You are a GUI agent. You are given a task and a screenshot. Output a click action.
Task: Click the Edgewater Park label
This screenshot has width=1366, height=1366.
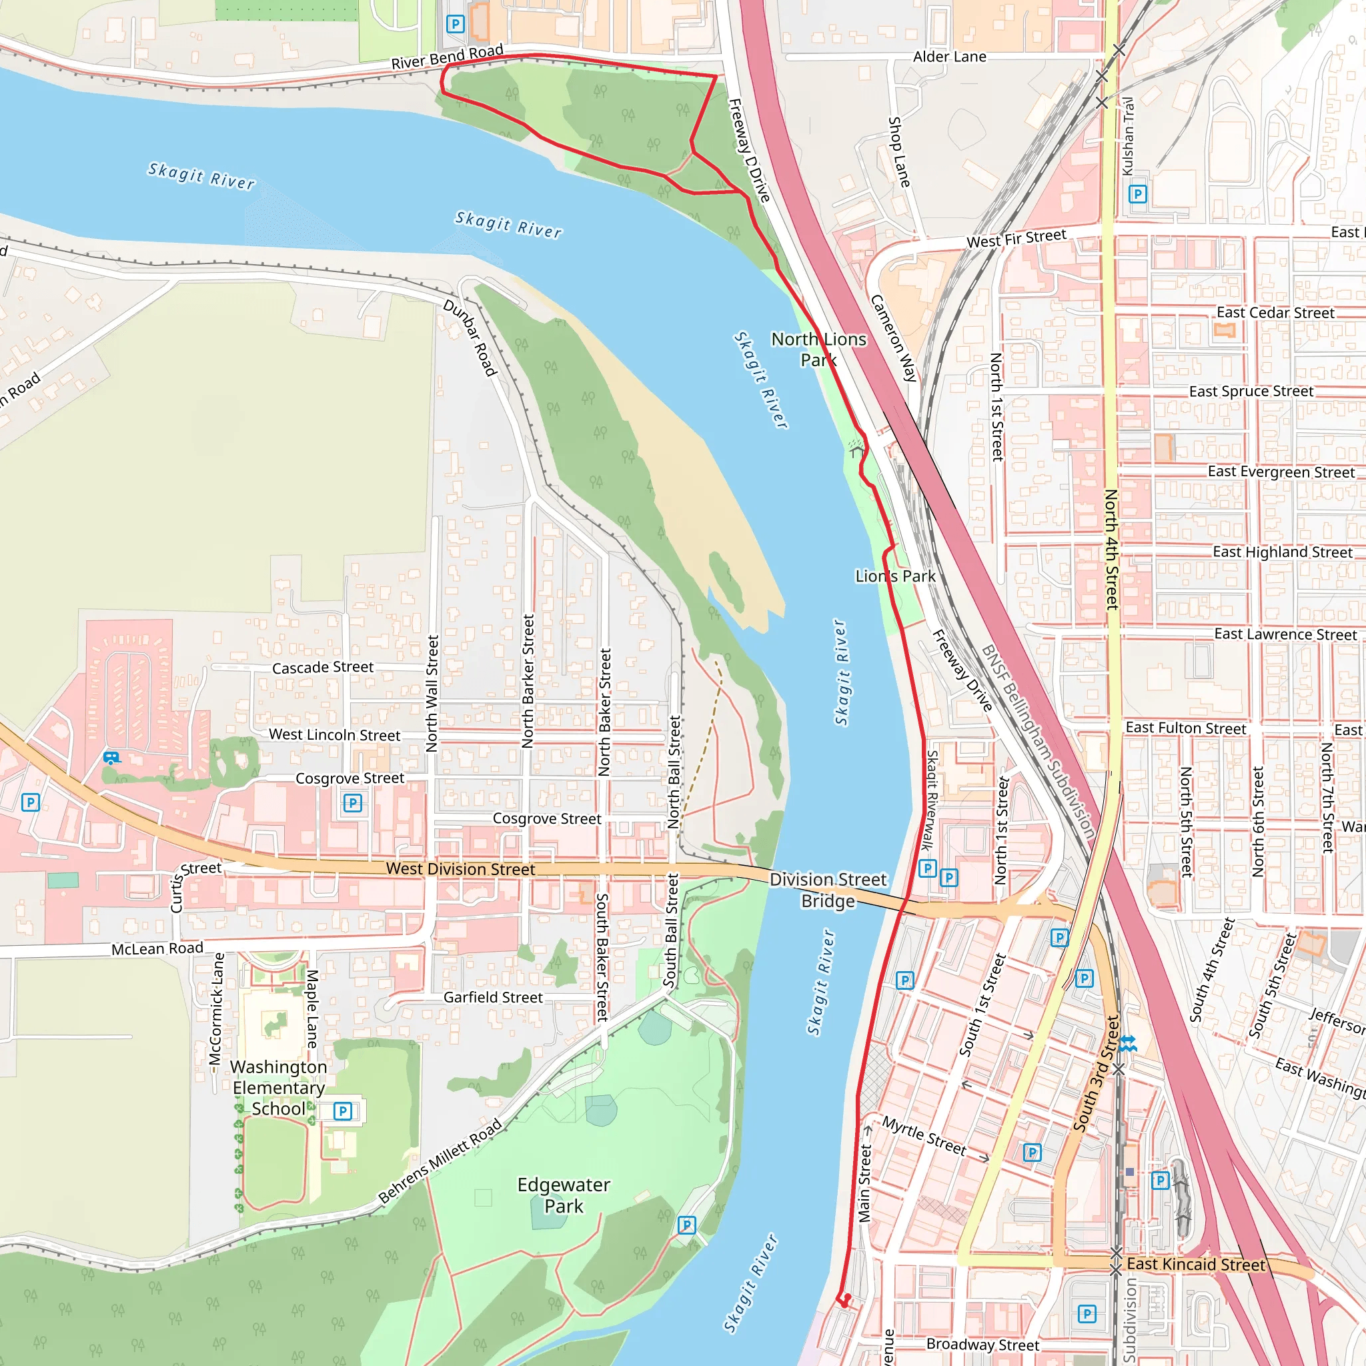pyautogui.click(x=564, y=1195)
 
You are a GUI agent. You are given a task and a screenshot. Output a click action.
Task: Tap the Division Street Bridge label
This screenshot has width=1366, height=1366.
pyautogui.click(x=827, y=890)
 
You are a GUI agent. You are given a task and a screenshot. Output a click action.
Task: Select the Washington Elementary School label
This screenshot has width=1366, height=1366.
pyautogui.click(x=279, y=1087)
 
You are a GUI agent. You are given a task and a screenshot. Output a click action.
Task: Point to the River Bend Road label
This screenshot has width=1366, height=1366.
pyautogui.click(x=447, y=57)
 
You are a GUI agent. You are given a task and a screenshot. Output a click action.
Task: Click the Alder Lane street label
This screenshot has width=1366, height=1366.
pyautogui.click(x=949, y=57)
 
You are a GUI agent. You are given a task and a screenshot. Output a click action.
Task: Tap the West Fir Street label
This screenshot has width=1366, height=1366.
pyautogui.click(x=1016, y=238)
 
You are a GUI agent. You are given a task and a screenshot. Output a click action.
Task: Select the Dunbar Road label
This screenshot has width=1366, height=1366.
pyautogui.click(x=470, y=337)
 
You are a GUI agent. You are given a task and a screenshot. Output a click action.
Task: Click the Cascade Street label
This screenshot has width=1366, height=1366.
pyautogui.click(x=322, y=668)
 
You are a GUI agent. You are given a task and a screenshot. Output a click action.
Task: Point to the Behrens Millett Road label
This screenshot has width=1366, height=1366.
pyautogui.click(x=440, y=1161)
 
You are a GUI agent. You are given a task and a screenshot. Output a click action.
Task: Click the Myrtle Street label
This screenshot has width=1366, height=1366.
pyautogui.click(x=924, y=1135)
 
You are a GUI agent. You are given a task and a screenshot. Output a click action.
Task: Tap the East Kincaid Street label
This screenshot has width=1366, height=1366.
pyautogui.click(x=1196, y=1264)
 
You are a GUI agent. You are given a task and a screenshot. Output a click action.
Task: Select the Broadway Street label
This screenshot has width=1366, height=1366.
pyautogui.click(x=982, y=1344)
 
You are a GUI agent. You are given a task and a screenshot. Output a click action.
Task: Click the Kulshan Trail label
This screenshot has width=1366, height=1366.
pyautogui.click(x=1129, y=137)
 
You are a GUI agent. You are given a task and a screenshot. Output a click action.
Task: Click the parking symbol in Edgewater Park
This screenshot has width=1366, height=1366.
pyautogui.click(x=686, y=1225)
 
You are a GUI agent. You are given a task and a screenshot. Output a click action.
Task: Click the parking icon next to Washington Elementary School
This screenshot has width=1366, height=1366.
pyautogui.click(x=342, y=1111)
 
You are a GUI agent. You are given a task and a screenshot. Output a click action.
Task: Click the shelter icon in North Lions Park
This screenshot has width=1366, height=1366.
pyautogui.click(x=857, y=449)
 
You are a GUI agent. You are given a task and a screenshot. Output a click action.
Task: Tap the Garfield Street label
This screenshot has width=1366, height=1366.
pyautogui.click(x=493, y=997)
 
